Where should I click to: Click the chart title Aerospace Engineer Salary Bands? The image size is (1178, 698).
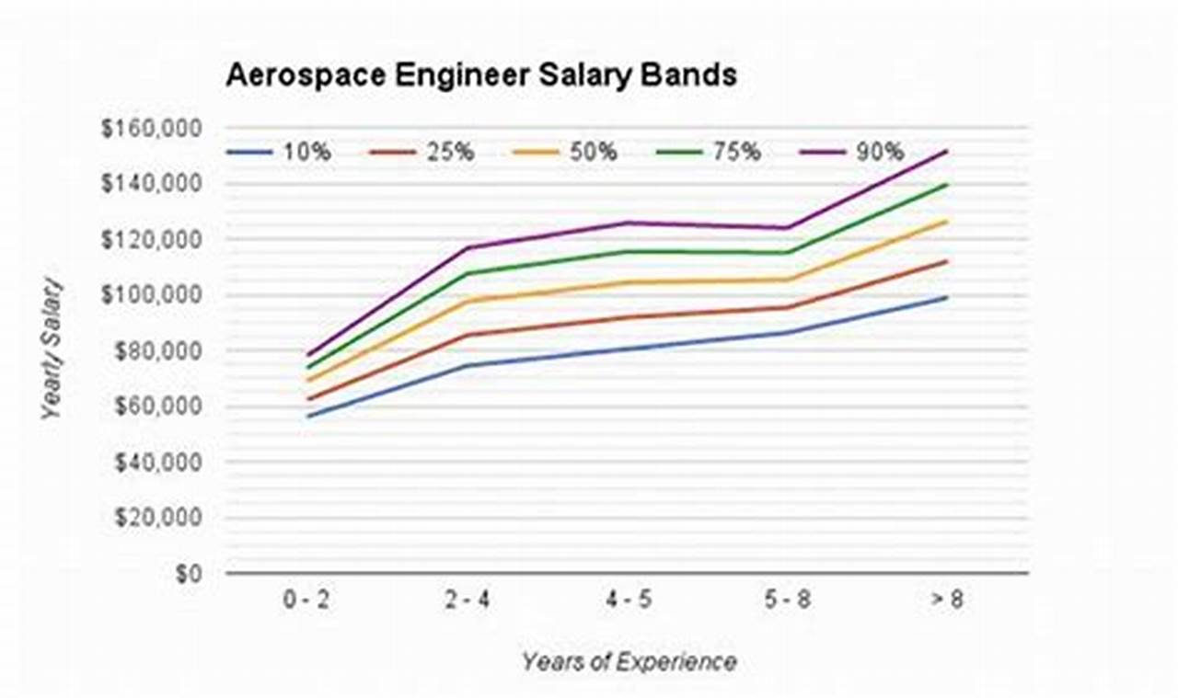pyautogui.click(x=480, y=75)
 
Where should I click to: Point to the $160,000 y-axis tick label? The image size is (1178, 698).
pyautogui.click(x=151, y=129)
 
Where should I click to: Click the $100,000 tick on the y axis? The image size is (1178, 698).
pyautogui.click(x=151, y=295)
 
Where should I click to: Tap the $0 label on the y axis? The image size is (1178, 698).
pyautogui.click(x=188, y=573)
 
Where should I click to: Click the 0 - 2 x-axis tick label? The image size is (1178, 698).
pyautogui.click(x=307, y=601)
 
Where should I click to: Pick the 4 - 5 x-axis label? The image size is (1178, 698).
pyautogui.click(x=628, y=601)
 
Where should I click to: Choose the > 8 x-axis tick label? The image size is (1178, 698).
pyautogui.click(x=946, y=601)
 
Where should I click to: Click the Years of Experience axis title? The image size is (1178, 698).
pyautogui.click(x=629, y=661)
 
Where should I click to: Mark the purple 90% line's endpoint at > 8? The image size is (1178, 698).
pyautogui.click(x=947, y=151)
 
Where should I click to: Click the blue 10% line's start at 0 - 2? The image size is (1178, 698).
pyautogui.click(x=308, y=417)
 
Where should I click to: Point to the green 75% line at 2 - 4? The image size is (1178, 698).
pyautogui.click(x=468, y=273)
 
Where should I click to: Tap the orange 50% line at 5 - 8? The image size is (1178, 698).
pyautogui.click(x=787, y=280)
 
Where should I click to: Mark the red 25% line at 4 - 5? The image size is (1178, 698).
pyautogui.click(x=628, y=317)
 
